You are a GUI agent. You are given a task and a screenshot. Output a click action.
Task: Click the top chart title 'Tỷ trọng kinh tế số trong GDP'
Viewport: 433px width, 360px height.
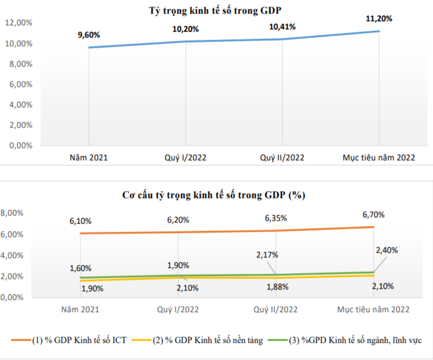pos(215,11)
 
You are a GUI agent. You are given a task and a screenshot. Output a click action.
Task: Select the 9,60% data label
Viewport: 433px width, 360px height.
pos(89,35)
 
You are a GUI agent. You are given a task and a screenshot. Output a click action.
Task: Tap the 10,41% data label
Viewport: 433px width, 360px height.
pos(282,27)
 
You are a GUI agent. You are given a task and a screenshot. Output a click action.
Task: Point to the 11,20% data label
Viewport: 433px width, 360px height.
pos(379,19)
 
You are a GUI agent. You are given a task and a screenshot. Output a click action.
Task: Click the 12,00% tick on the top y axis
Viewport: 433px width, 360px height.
pos(19,23)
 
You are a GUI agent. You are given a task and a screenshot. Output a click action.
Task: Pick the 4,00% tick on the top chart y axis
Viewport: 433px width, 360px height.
pos(21,105)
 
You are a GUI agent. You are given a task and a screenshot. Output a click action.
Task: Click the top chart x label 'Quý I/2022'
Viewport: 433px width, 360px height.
pos(185,158)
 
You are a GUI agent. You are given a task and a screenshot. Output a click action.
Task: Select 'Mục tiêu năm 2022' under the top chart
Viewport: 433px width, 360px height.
pos(379,158)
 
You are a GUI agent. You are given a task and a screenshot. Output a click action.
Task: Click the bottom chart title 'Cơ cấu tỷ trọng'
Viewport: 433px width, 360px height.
pos(214,195)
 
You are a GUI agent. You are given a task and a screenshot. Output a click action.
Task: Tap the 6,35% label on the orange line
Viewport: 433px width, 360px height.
pos(276,219)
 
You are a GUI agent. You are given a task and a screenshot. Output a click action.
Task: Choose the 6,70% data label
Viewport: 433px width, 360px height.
pos(373,215)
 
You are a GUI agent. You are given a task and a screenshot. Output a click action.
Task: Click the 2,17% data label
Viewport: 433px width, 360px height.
pos(267,255)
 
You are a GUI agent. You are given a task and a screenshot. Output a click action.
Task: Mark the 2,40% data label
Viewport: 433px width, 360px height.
pos(387,250)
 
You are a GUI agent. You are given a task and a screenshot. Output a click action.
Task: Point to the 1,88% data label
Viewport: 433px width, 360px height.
pos(277,287)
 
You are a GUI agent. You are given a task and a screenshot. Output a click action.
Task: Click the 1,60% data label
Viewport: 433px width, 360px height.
pos(80,268)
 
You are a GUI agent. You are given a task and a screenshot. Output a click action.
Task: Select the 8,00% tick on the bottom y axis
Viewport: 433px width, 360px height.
pos(12,213)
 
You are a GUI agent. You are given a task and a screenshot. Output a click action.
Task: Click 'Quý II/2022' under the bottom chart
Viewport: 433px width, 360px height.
pos(276,309)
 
